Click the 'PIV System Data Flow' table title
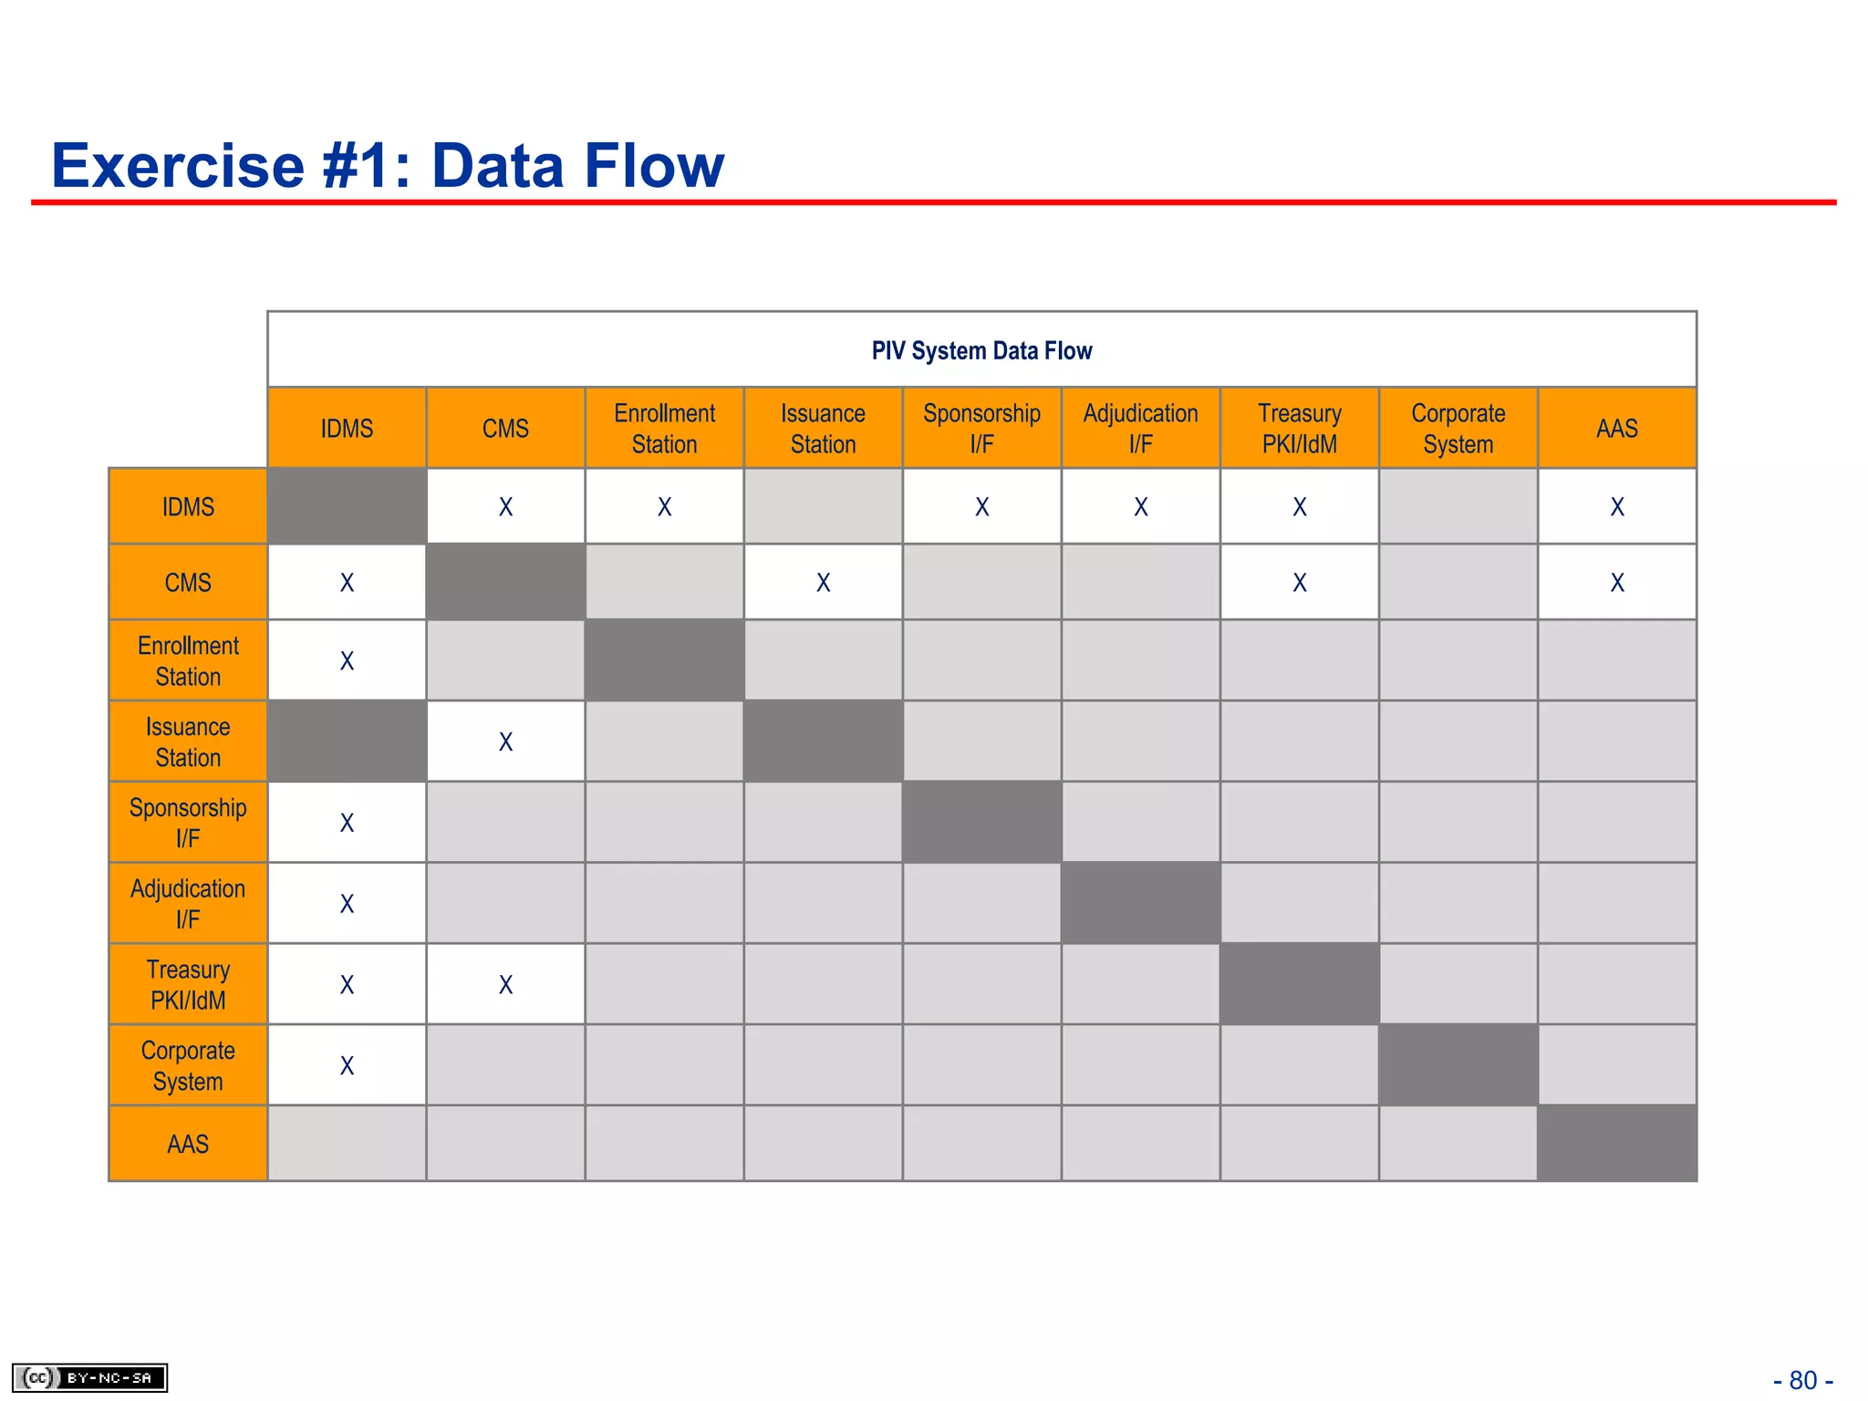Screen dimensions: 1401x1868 [x=981, y=351]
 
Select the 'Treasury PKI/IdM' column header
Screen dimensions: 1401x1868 [x=1299, y=429]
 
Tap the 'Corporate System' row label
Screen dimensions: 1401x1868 [x=188, y=1065]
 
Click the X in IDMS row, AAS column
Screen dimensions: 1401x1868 [x=1616, y=507]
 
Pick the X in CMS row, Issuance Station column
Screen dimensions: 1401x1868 [x=823, y=583]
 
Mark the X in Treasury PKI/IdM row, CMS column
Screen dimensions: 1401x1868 [x=505, y=985]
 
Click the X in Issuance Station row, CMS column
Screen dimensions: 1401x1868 [x=505, y=742]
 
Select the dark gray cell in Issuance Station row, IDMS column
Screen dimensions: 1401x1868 [x=347, y=741]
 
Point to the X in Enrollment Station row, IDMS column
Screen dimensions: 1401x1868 [x=347, y=661]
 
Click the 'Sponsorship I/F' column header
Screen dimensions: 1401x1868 [x=981, y=429]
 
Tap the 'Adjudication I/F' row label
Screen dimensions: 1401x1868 [x=188, y=903]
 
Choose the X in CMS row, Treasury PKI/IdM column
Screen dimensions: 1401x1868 [x=1299, y=583]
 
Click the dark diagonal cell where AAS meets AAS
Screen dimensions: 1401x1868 [x=1616, y=1144]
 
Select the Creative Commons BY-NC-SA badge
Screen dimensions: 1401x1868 [x=89, y=1377]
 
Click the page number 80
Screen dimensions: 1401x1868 [x=1802, y=1380]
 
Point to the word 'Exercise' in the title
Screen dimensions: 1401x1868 [x=178, y=166]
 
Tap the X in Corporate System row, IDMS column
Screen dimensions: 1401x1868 [x=347, y=1065]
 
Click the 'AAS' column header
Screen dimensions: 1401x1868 [x=1616, y=429]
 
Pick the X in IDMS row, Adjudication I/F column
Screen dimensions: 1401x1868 [x=1140, y=507]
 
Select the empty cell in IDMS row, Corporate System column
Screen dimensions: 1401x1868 [x=1458, y=507]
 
